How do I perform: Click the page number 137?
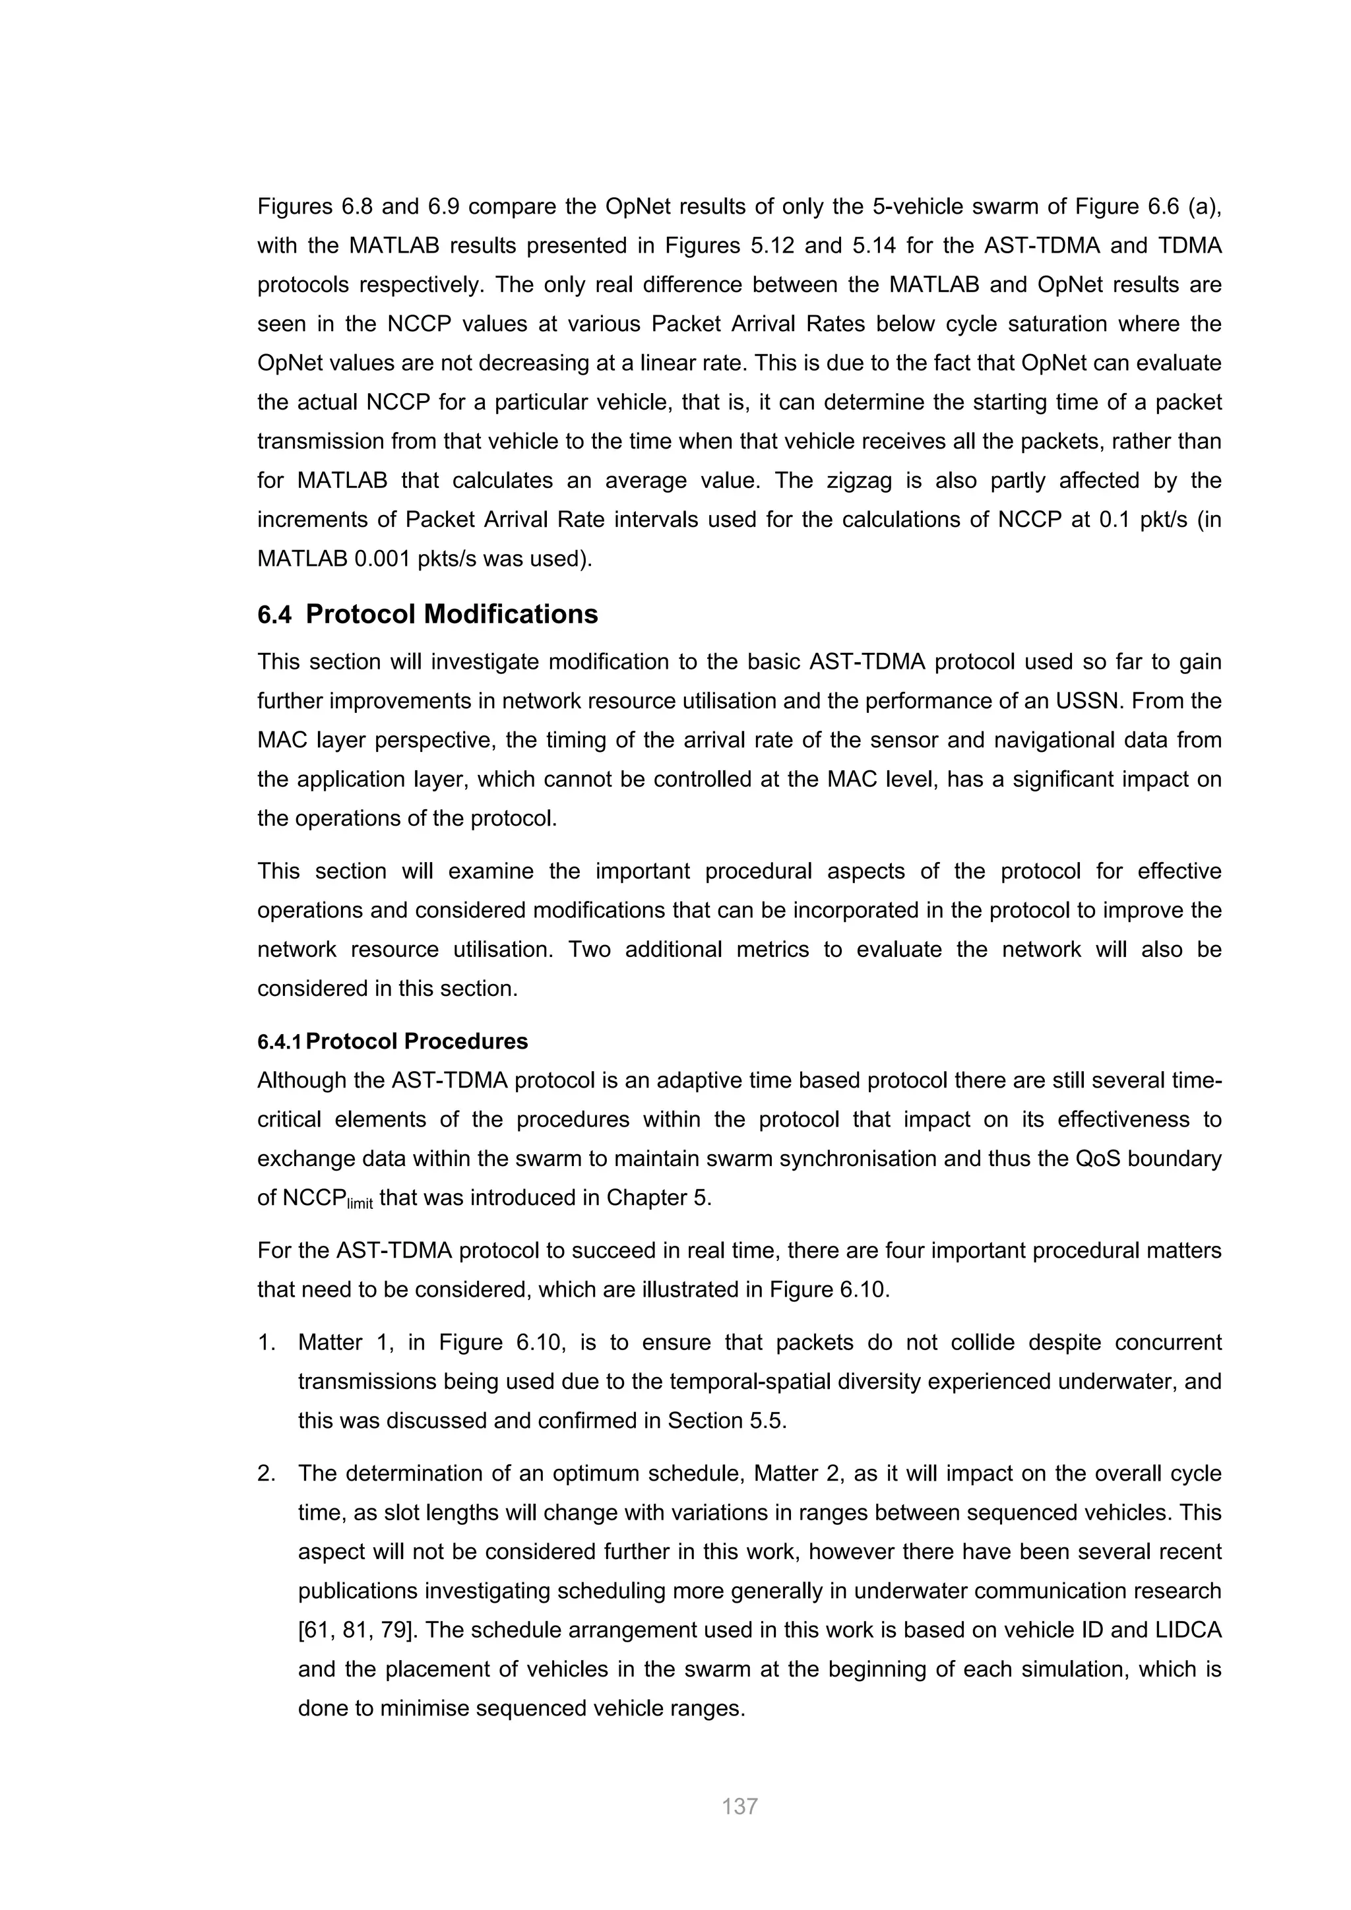pos(739,1806)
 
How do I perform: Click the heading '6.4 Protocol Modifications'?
pos(427,614)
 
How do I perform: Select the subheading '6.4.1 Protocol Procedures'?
pos(393,1041)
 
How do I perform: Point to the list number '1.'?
pos(267,1342)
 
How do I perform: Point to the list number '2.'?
pos(267,1473)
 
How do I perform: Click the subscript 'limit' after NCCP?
pos(360,1204)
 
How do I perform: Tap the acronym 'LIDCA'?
pos(1189,1630)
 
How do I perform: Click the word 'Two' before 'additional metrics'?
pos(589,949)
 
